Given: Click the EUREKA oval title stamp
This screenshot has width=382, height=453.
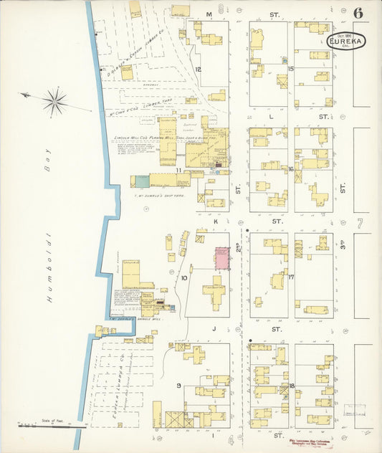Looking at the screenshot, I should pos(345,42).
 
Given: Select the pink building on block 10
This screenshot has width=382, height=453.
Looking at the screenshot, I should pos(223,258).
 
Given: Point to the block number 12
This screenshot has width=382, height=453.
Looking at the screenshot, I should pos(197,70).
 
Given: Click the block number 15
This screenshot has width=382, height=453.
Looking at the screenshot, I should pos(291,69).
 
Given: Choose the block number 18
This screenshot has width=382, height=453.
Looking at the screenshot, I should pos(292,386).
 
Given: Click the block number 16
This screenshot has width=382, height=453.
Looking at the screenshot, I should pos(291,170).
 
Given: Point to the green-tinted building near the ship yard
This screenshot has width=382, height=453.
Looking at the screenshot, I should pos(142,182).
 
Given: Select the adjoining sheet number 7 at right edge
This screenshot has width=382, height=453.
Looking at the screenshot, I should pos(360,223).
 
